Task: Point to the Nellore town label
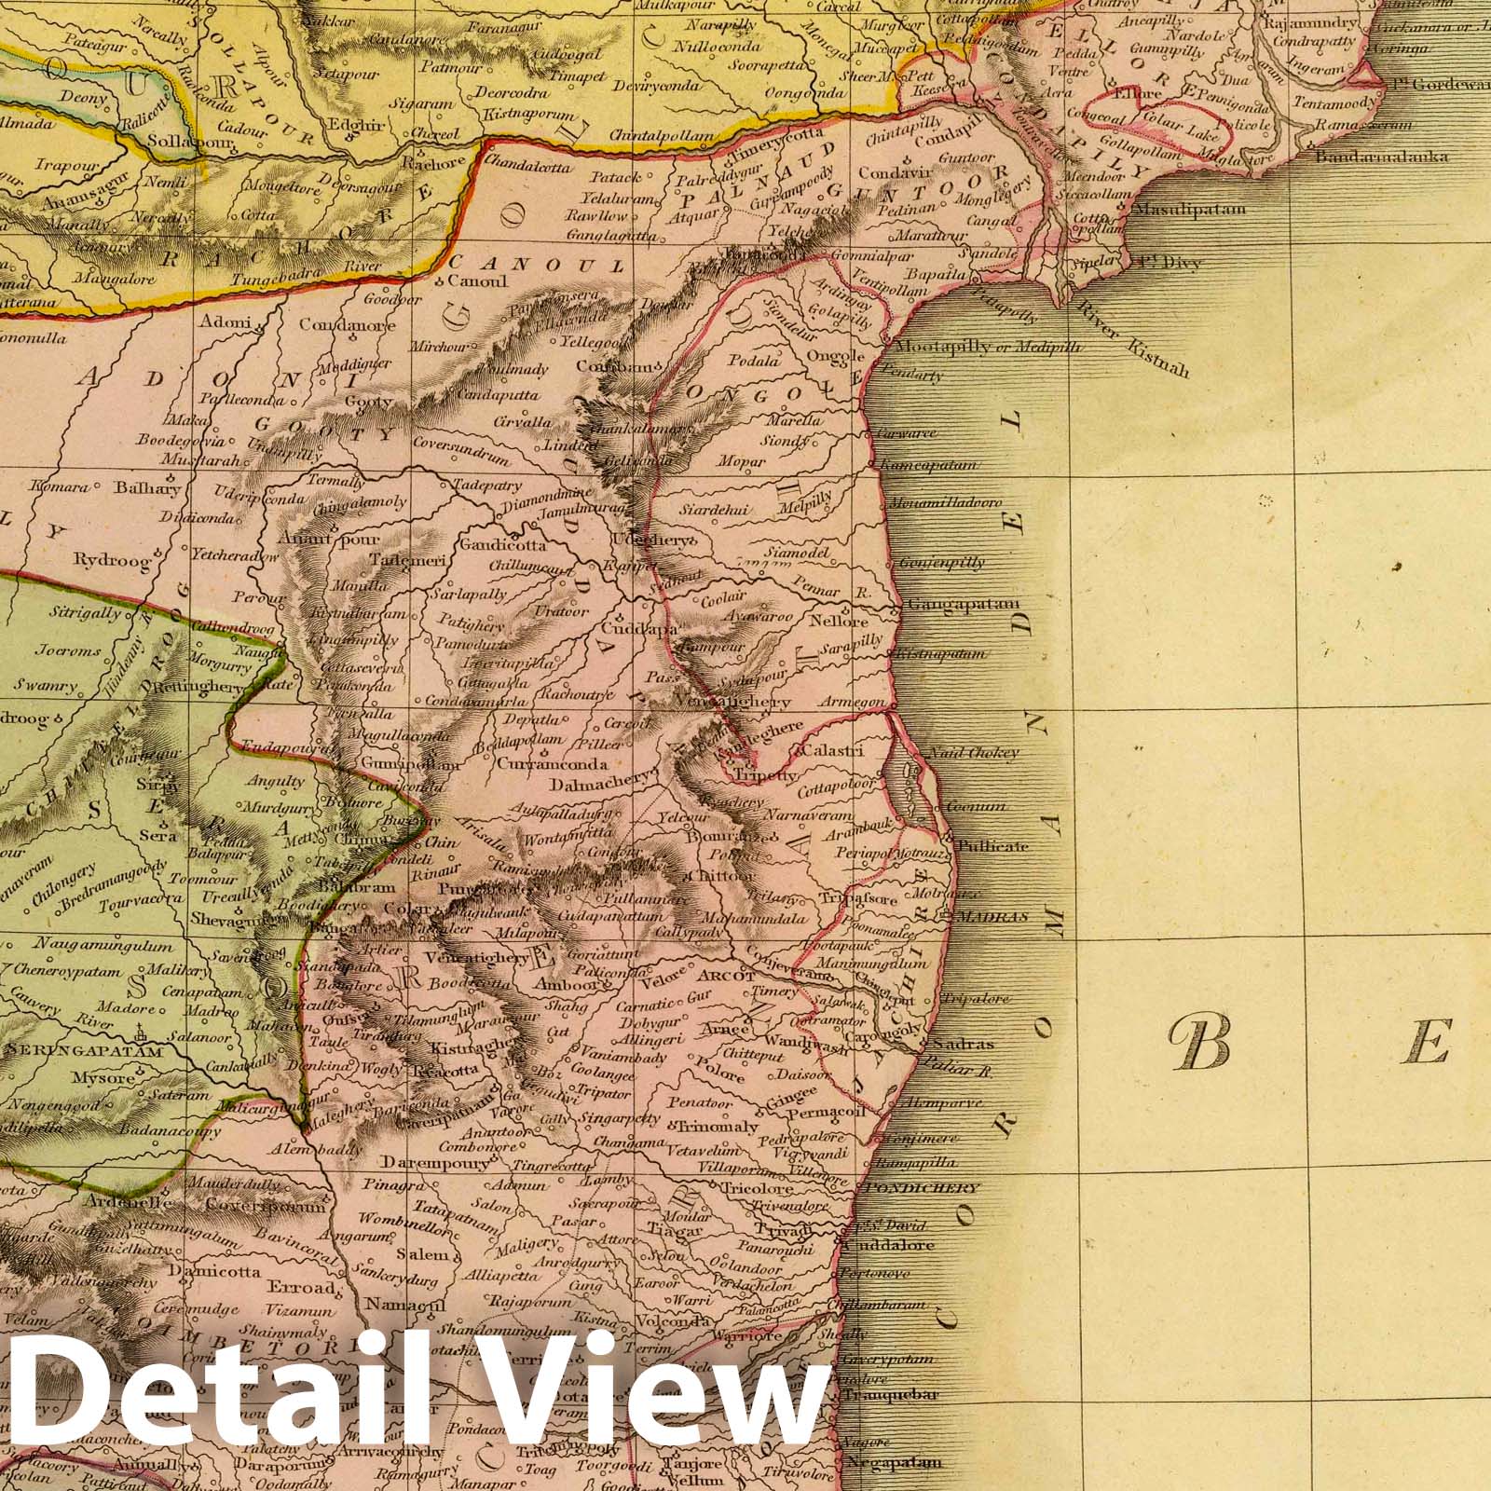coord(840,621)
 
